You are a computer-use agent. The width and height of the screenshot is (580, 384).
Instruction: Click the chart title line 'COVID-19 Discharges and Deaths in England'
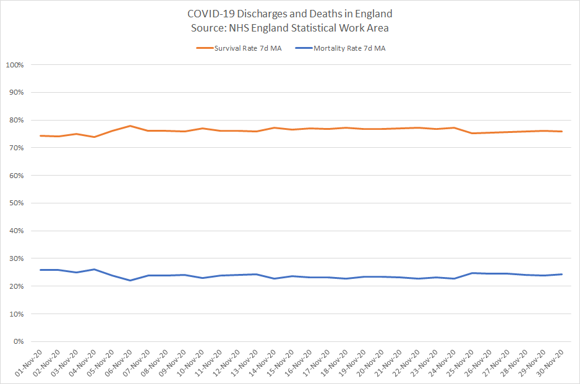[x=290, y=14]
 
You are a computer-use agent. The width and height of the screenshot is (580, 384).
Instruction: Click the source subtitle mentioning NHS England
[x=290, y=28]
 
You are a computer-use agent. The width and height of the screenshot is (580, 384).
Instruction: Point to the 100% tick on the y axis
[x=14, y=65]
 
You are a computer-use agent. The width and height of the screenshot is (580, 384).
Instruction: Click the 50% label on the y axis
[x=15, y=203]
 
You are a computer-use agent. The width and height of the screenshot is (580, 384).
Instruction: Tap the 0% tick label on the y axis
[x=17, y=342]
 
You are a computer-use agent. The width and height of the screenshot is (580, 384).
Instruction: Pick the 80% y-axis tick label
[x=15, y=121]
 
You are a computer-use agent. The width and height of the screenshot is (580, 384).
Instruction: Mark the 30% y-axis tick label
[x=15, y=259]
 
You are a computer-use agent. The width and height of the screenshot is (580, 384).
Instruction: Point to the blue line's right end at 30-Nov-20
[x=561, y=274]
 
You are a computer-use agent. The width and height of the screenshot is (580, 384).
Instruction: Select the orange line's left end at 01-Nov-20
[x=40, y=135]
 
